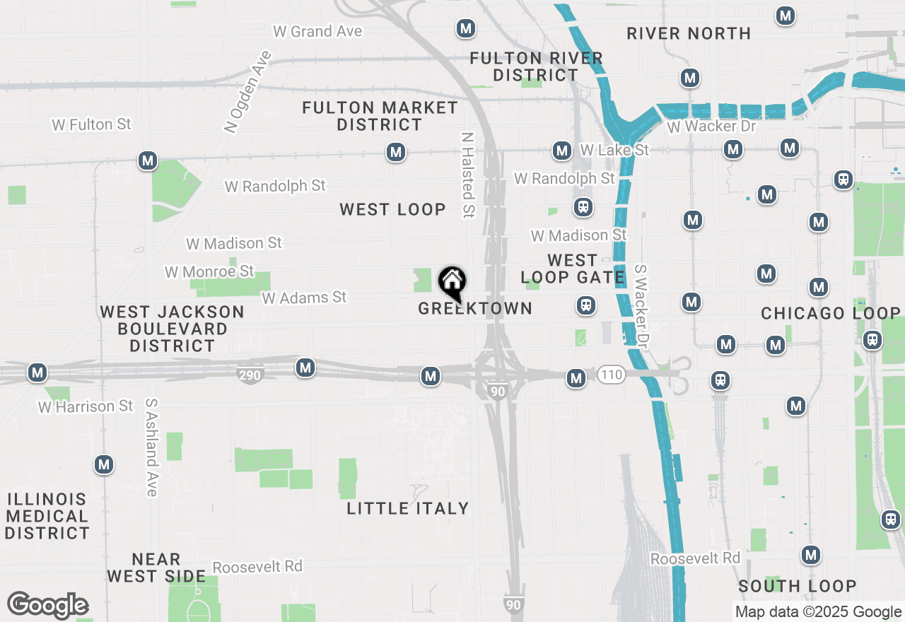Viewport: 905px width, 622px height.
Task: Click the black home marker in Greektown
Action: (452, 283)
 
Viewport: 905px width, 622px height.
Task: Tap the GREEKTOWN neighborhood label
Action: (474, 308)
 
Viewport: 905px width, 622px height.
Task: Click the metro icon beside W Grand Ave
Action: (465, 29)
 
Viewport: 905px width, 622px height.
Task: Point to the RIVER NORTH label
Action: (689, 33)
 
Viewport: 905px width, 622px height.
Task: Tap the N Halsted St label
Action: (468, 175)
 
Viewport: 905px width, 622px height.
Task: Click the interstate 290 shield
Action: (250, 375)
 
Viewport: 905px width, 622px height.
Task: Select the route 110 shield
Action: (612, 375)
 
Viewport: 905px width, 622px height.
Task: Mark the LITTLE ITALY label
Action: (408, 508)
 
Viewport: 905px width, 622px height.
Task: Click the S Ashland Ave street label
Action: (151, 447)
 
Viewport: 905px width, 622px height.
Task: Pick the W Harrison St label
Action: (86, 406)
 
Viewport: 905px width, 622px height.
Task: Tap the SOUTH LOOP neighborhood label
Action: (798, 586)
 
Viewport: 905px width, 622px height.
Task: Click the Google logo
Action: (47, 605)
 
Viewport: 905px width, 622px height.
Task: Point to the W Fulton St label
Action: (91, 124)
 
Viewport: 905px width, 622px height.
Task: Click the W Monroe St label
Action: (209, 271)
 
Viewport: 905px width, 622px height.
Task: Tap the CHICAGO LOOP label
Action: (831, 313)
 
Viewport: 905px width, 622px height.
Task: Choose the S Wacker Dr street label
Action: (642, 305)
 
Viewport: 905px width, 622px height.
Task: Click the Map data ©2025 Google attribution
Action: (818, 612)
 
